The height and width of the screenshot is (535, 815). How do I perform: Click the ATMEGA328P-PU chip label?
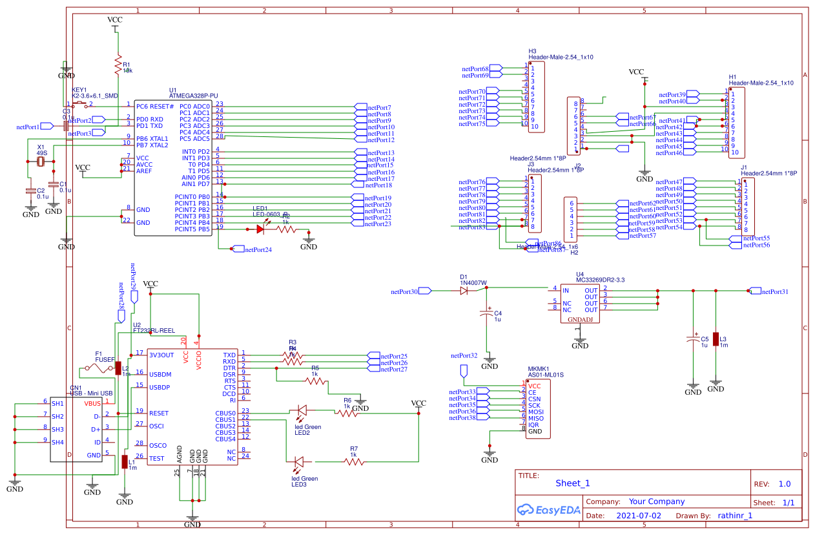[x=193, y=96]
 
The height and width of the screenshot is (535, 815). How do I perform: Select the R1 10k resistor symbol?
[x=118, y=65]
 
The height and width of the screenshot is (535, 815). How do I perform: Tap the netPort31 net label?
[x=775, y=291]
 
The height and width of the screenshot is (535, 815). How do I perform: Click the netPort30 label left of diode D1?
[x=404, y=291]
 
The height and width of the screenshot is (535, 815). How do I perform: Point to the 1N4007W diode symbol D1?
[x=464, y=291]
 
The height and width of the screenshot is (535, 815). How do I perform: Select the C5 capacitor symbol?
[x=693, y=339]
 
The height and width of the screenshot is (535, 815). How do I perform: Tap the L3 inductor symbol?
[x=716, y=339]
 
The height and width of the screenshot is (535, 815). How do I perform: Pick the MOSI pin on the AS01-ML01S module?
[x=536, y=411]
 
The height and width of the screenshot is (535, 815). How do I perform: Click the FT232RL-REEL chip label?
[x=154, y=330]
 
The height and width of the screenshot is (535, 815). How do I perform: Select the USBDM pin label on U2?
[x=160, y=374]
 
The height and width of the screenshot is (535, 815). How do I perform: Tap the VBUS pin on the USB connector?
[x=92, y=403]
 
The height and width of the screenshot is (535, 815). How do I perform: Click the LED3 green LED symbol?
[x=299, y=461]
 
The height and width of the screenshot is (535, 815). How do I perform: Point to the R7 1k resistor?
[x=353, y=461]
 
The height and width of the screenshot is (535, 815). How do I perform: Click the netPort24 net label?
[x=258, y=249]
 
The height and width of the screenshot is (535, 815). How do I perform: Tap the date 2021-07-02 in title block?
[x=639, y=516]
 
